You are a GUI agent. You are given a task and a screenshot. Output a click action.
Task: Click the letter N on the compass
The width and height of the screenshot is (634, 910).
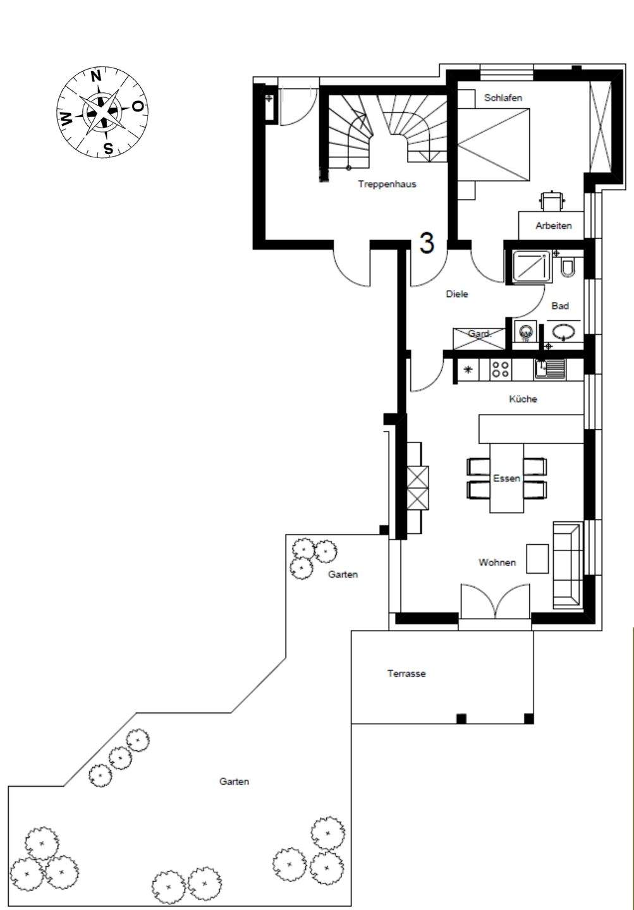(96, 76)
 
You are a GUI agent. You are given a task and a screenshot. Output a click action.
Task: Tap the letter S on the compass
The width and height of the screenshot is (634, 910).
(109, 149)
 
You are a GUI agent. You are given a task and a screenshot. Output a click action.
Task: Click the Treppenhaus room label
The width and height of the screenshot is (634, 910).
(387, 184)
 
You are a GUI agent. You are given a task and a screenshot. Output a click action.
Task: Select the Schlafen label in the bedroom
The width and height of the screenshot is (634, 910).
(503, 98)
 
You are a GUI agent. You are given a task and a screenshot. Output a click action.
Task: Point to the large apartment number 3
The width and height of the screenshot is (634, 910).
(427, 243)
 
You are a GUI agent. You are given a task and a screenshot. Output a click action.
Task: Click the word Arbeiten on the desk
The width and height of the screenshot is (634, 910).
(554, 226)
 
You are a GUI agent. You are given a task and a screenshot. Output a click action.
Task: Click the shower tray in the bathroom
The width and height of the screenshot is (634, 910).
(532, 266)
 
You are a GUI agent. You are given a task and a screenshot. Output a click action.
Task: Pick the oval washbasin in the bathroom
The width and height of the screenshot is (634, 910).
(563, 331)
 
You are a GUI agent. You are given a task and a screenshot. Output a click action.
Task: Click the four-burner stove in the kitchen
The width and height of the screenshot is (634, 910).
(500, 369)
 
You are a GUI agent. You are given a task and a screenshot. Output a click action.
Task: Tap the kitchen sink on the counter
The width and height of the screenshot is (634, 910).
(549, 369)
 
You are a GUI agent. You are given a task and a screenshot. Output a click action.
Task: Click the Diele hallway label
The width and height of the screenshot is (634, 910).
(457, 294)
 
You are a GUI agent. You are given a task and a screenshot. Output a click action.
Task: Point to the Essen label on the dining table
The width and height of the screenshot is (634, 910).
(506, 478)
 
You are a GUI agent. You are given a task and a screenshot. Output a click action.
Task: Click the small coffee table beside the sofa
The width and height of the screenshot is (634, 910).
(537, 559)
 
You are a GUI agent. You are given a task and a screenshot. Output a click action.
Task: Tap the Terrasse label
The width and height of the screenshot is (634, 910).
(406, 674)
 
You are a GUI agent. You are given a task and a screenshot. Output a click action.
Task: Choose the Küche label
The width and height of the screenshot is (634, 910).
(523, 399)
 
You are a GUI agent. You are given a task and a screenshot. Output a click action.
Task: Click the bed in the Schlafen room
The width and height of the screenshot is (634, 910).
(494, 144)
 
